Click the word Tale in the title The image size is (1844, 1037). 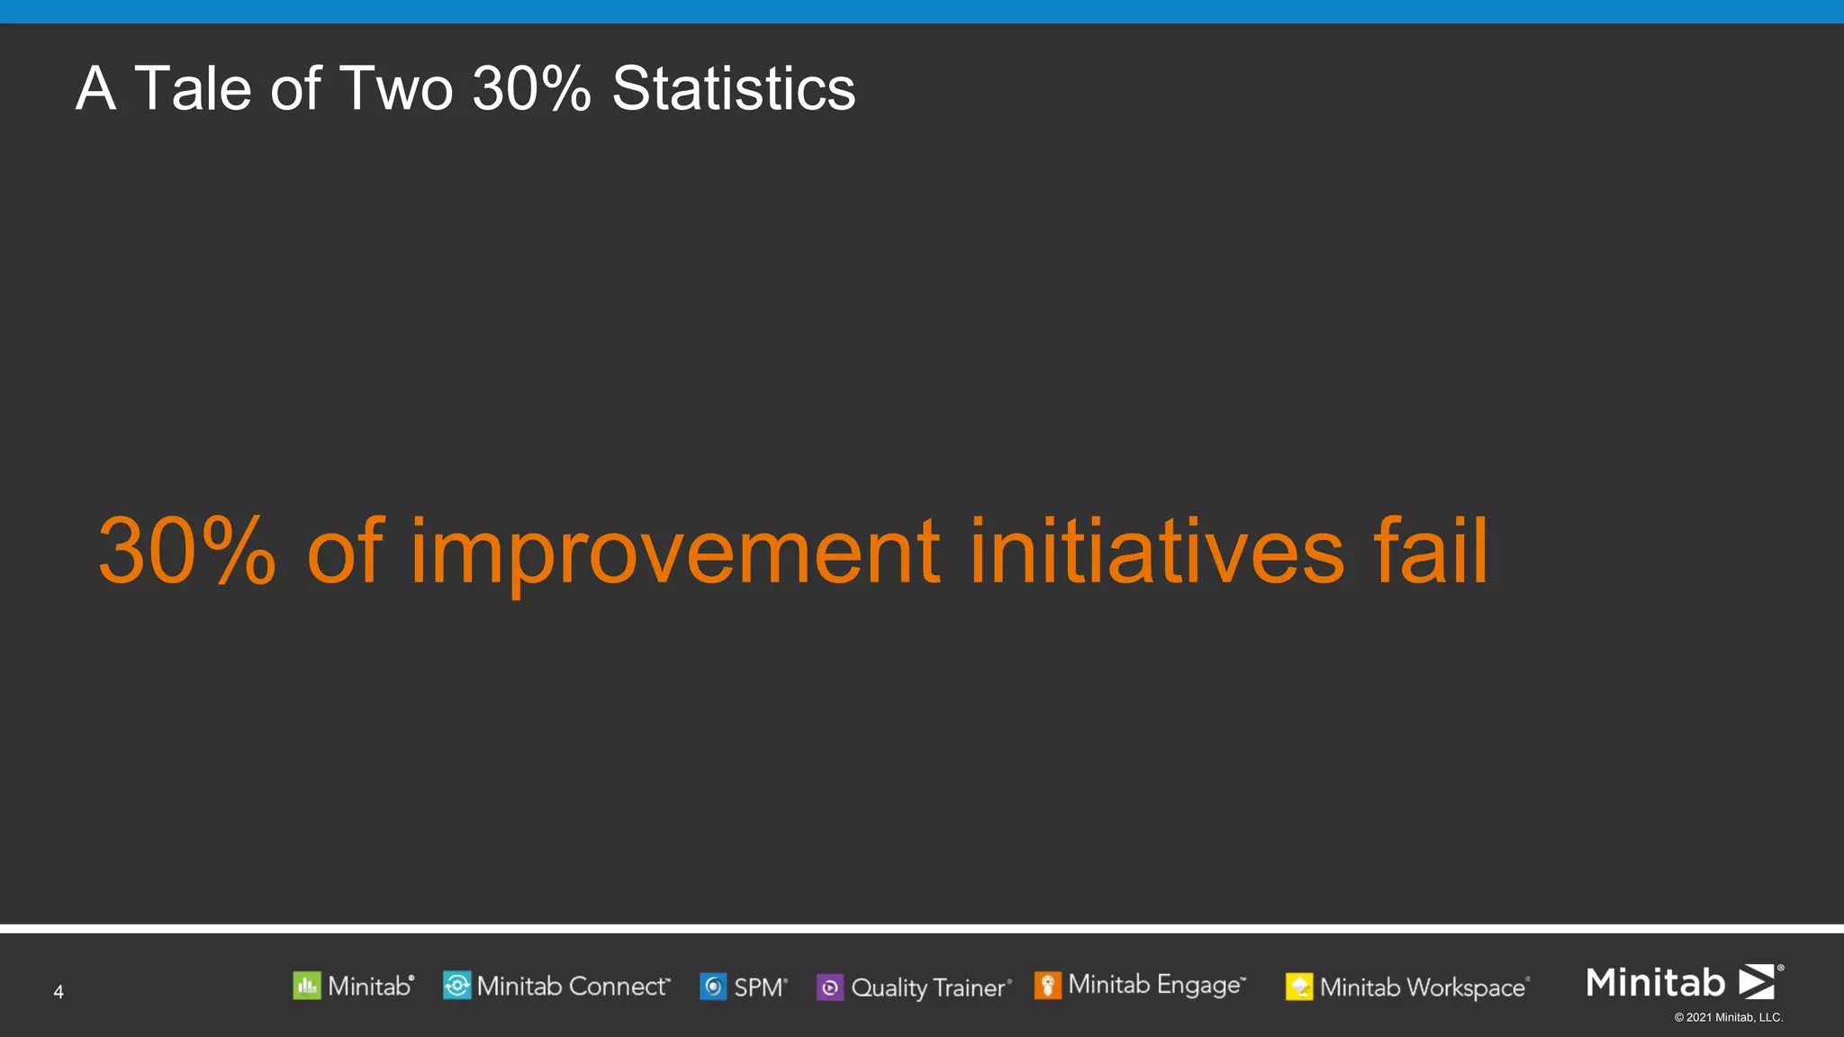[192, 89]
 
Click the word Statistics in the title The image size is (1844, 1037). [733, 89]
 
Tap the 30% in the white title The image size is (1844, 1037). [531, 89]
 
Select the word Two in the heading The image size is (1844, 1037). [396, 89]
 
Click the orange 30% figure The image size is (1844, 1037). [186, 551]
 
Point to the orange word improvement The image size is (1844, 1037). [675, 551]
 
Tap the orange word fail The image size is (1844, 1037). [1431, 551]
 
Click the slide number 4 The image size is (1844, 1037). [59, 992]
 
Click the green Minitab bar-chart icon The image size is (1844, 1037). [307, 987]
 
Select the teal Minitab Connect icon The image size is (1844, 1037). [456, 986]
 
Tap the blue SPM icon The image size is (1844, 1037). [713, 987]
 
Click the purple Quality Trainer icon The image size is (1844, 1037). [830, 987]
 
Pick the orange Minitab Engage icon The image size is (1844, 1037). [1047, 986]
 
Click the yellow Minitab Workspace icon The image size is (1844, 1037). [1299, 987]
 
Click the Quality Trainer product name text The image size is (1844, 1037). [929, 987]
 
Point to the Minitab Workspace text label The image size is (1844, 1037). [1423, 987]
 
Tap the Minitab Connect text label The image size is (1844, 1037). [572, 987]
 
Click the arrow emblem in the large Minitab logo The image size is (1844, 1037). [1757, 981]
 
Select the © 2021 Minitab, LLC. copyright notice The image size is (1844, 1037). [1728, 1018]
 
